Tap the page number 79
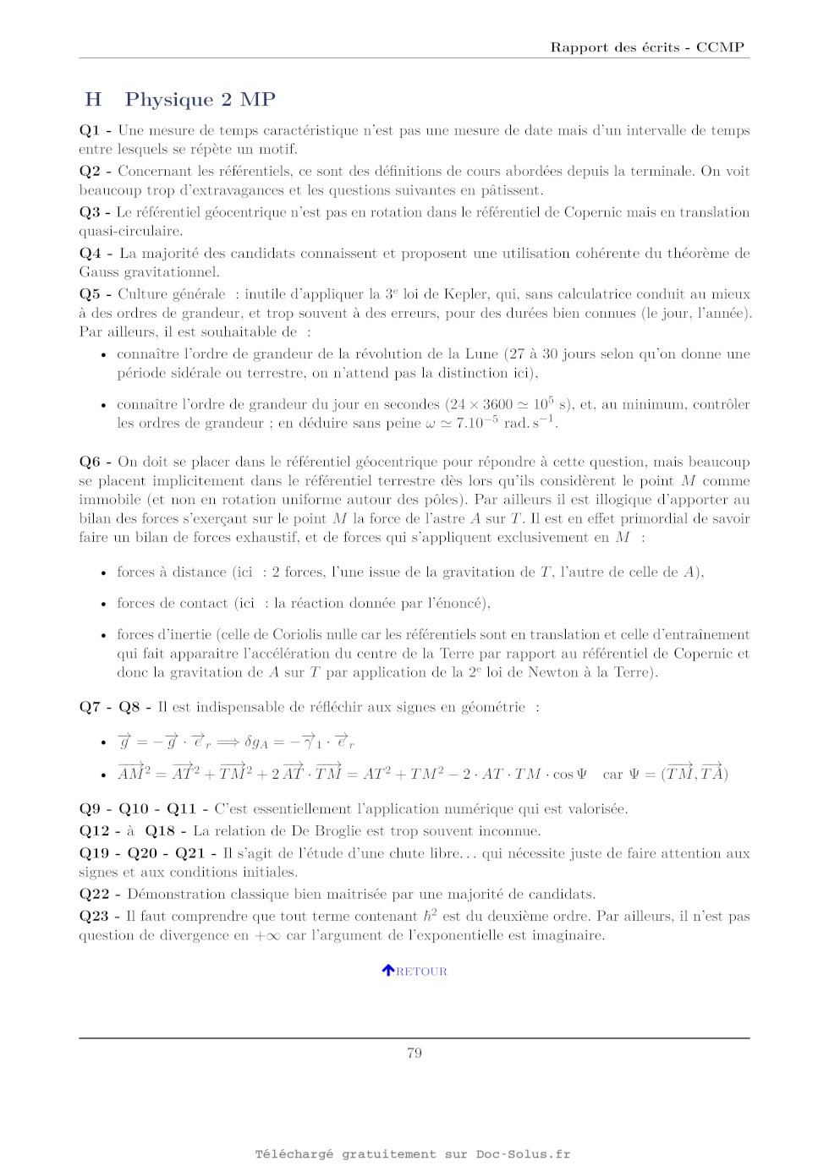[x=414, y=1053]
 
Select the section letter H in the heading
[x=93, y=100]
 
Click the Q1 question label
[x=90, y=130]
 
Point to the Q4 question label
[x=90, y=254]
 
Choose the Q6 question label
[x=90, y=462]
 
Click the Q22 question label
[x=94, y=895]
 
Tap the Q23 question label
[x=94, y=917]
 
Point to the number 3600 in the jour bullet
[x=498, y=405]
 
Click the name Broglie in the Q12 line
[x=369, y=831]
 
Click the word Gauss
[x=99, y=272]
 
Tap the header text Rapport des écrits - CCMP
[x=647, y=47]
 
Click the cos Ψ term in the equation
[x=569, y=775]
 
